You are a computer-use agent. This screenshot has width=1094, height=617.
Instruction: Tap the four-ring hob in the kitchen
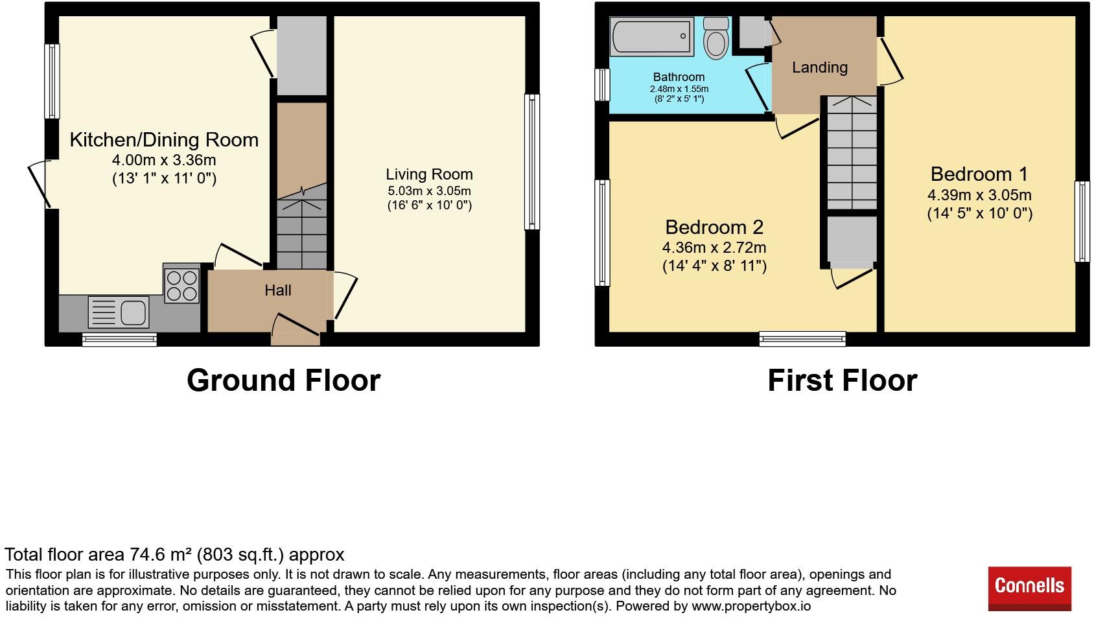181,286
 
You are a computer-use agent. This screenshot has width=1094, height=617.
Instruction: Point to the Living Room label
429,174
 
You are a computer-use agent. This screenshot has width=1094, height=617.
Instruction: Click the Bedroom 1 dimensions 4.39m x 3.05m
979,195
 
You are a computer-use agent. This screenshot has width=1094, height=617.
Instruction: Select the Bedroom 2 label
714,227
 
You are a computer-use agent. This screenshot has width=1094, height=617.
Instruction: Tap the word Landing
819,67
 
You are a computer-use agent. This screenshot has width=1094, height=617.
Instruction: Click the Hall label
277,290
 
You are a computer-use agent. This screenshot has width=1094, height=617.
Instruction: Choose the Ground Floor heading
283,380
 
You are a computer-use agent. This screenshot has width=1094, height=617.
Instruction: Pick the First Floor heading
842,380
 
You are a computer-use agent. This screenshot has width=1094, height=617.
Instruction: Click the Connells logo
1029,587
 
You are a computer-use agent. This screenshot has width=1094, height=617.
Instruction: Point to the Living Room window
531,162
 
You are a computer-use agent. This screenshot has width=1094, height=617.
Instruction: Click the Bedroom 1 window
1082,221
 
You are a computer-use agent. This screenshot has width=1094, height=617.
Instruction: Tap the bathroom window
603,85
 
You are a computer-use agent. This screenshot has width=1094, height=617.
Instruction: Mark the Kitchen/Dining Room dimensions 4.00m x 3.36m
164,159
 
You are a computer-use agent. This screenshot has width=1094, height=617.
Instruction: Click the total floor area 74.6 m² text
174,555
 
